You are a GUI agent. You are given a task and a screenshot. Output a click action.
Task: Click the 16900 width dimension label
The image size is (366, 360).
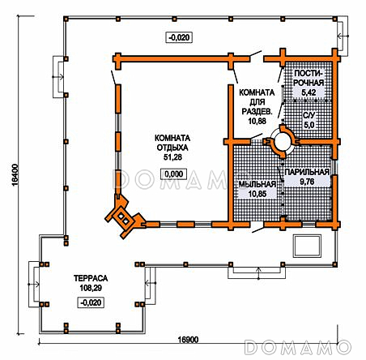click(188, 340)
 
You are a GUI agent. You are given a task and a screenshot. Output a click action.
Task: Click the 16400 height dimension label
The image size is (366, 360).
click(15, 175)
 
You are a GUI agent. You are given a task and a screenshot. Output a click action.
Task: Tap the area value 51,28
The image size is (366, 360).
click(172, 157)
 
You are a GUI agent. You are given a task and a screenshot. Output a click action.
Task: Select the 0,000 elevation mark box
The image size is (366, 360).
click(173, 174)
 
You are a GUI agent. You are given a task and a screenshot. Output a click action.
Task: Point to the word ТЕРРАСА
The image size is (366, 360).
click(91, 278)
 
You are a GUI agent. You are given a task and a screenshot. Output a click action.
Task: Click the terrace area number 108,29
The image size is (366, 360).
click(91, 288)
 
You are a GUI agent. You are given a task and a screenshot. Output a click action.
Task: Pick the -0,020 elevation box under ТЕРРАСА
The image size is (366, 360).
click(91, 302)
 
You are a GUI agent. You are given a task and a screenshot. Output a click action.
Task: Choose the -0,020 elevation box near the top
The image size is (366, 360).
click(179, 37)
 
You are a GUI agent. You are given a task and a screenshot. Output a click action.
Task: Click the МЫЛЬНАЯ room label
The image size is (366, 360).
click(257, 184)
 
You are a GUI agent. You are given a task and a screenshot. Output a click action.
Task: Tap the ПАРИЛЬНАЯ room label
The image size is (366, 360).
click(307, 172)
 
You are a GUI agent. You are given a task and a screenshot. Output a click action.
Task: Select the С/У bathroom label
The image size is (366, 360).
click(309, 115)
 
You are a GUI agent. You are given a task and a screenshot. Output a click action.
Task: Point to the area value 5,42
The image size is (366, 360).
click(309, 92)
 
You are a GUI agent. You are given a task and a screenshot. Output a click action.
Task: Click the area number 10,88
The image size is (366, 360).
click(257, 121)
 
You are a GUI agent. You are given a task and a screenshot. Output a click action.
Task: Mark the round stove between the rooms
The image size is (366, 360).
click(282, 141)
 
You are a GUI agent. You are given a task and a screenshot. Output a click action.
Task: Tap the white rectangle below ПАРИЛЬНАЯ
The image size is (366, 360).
click(308, 246)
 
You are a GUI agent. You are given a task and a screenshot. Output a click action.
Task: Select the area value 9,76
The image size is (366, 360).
click(307, 182)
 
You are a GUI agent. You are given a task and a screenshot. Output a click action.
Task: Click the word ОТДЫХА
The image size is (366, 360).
click(172, 148)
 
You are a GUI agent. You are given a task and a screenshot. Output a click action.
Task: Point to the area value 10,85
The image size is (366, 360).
click(257, 194)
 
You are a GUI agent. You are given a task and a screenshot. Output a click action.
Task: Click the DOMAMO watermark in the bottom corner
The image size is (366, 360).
click(299, 347)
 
